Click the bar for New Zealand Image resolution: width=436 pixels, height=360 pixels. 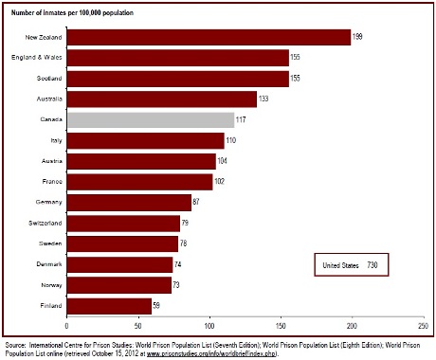pyautogui.click(x=209, y=37)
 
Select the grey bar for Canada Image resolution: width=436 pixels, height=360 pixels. pyautogui.click(x=150, y=119)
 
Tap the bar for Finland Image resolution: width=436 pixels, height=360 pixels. pyautogui.click(x=109, y=305)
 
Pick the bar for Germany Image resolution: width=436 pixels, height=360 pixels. pyautogui.click(x=129, y=202)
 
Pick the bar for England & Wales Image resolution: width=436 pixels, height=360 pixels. pyautogui.click(x=177, y=58)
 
